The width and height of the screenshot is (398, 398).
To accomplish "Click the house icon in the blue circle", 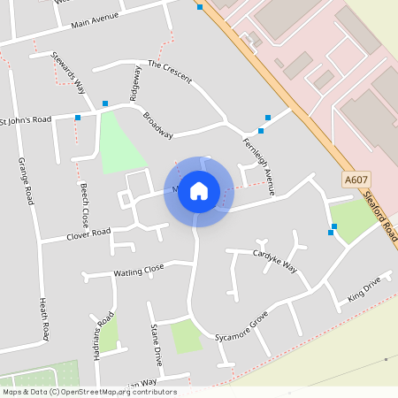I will [x=199, y=190].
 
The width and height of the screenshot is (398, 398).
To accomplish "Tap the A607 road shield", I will [x=356, y=180].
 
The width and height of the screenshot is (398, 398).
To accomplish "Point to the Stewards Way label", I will [x=68, y=72].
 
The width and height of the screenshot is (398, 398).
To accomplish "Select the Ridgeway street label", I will [x=135, y=82].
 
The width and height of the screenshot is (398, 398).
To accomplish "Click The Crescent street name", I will [x=170, y=71].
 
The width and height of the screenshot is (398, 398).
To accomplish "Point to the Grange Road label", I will [x=26, y=180].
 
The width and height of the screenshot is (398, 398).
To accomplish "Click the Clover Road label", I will [x=88, y=234].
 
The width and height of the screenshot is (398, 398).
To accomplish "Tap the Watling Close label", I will [x=139, y=270].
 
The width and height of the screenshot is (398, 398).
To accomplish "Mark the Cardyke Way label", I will [x=275, y=259].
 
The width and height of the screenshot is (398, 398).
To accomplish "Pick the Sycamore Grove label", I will [x=241, y=327].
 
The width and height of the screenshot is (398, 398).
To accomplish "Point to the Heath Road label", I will [x=43, y=319].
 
